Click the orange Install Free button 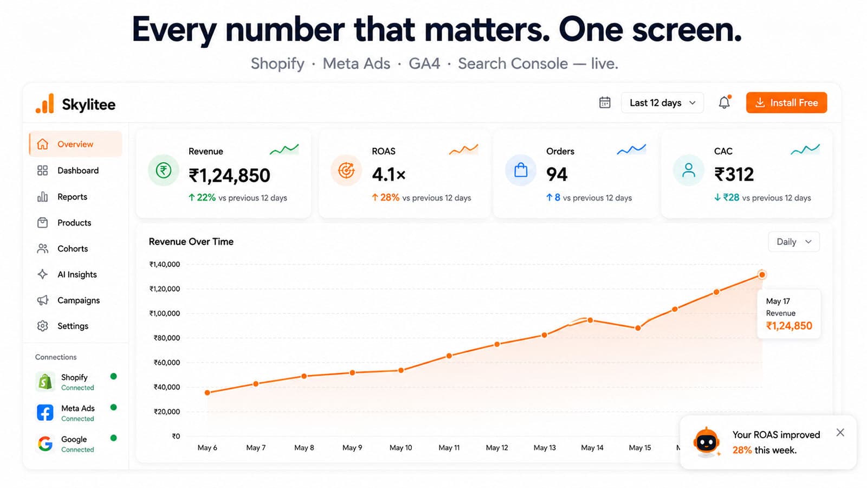(786, 102)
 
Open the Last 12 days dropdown (662, 102)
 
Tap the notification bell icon (724, 102)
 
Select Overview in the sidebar (76, 144)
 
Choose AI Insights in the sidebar (77, 274)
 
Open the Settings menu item (73, 326)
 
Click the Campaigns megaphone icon (43, 300)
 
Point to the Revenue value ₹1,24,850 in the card (229, 175)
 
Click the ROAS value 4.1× (389, 175)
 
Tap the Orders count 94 (557, 174)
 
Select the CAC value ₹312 (734, 174)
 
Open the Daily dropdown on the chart (794, 242)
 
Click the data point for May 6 (208, 393)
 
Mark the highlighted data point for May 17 (762, 274)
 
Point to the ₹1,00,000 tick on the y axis (165, 313)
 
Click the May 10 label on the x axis (400, 448)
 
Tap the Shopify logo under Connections (45, 382)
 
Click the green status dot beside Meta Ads (113, 407)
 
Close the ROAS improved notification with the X (840, 433)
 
